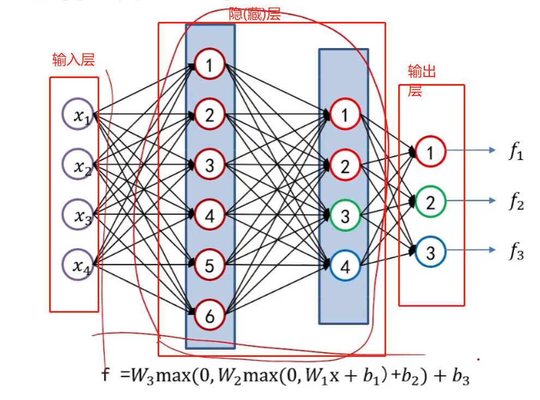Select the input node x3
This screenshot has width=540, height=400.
tap(79, 214)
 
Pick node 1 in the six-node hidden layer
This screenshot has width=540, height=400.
tap(210, 65)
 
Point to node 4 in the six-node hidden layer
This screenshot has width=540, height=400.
tap(210, 215)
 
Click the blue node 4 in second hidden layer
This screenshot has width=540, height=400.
tap(345, 266)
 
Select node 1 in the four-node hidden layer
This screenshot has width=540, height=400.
tap(345, 115)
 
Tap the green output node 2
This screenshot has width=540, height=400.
tap(430, 202)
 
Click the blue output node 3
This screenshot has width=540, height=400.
tap(430, 252)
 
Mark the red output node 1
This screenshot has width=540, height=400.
tap(430, 152)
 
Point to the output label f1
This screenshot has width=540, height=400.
tap(515, 153)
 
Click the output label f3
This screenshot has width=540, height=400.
tap(515, 253)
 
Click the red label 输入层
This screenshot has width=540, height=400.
tap(74, 59)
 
